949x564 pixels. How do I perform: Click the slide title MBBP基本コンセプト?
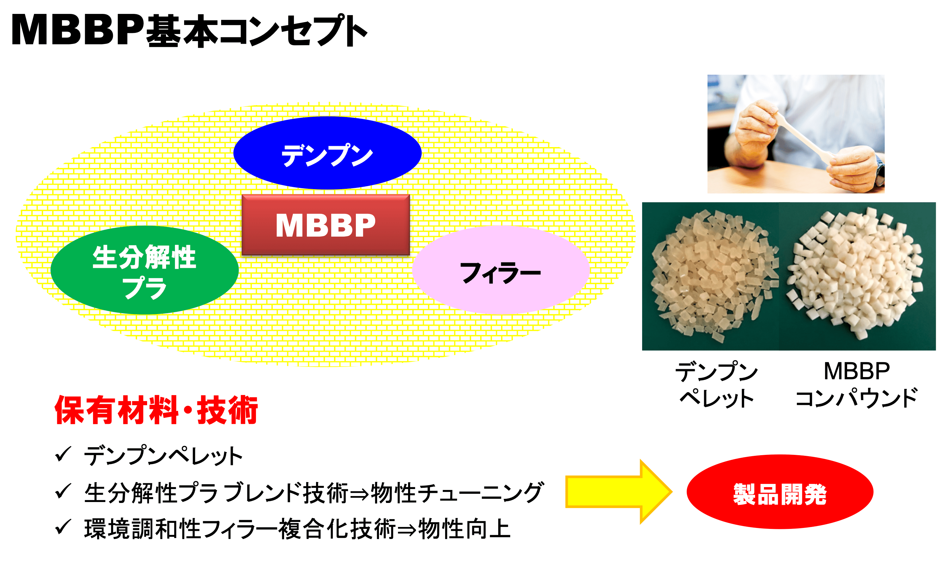point(189,30)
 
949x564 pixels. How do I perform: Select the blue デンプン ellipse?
point(327,153)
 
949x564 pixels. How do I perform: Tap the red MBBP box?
point(326,225)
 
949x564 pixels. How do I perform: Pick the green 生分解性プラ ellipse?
point(145,270)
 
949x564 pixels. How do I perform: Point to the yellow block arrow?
point(619,492)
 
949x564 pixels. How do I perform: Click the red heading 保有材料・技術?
point(156,410)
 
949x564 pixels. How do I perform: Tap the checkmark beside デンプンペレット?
point(63,454)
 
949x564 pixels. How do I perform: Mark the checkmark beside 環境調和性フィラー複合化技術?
point(63,527)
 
